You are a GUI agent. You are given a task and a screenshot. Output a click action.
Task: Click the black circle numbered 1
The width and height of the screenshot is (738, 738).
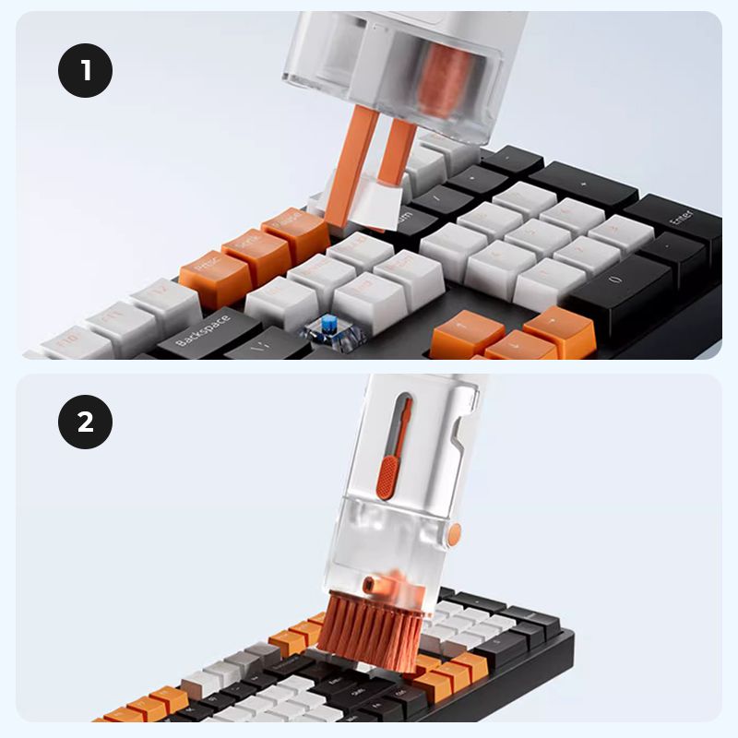pyautogui.click(x=86, y=70)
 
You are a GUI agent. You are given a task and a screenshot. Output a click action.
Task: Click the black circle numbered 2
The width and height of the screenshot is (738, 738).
pyautogui.click(x=86, y=423)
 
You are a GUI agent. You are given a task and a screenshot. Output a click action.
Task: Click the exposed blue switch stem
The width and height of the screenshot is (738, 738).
pyautogui.click(x=327, y=326)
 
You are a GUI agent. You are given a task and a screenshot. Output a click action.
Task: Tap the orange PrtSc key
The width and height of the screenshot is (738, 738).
pyautogui.click(x=214, y=274)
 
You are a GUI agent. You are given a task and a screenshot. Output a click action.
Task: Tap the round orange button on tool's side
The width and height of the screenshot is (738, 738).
pyautogui.click(x=454, y=532)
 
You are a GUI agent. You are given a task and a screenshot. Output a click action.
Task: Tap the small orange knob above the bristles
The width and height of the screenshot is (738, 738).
pyautogui.click(x=371, y=584)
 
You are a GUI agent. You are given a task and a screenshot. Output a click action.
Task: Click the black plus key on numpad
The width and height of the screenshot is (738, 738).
pyautogui.click(x=583, y=184)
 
